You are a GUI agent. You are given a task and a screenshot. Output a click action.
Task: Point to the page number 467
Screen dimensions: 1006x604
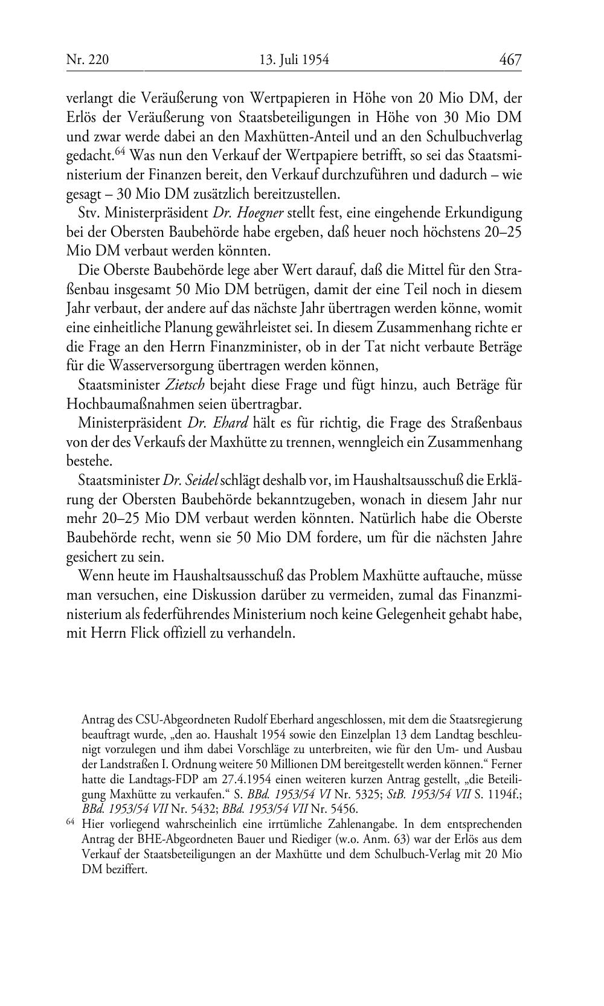[x=510, y=60]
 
